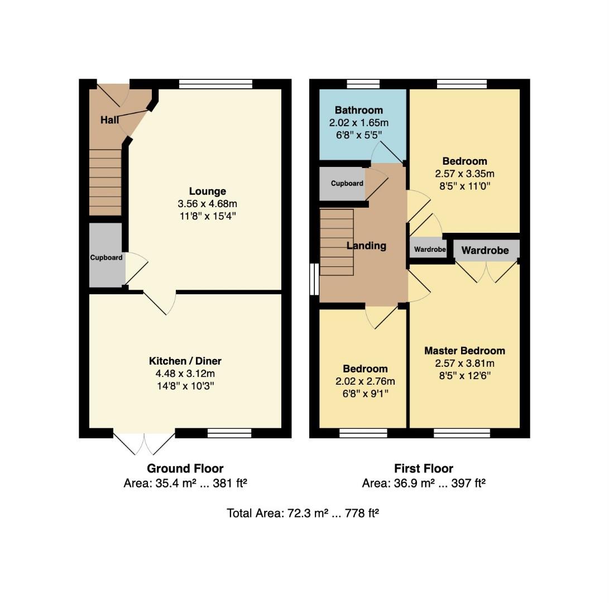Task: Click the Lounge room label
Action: [208, 191]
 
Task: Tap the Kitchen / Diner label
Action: [185, 361]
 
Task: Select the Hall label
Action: [109, 120]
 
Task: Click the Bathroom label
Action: [359, 111]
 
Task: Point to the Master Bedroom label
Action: [464, 351]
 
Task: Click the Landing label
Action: [366, 246]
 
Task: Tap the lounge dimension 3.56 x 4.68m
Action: [208, 204]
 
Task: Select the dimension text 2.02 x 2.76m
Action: [365, 381]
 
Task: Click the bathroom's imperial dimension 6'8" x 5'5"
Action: [359, 135]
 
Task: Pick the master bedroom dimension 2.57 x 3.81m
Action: [464, 363]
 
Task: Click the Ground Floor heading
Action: [185, 468]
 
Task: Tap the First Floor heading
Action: [424, 468]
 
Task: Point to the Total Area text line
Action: [303, 513]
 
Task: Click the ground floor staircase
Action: [106, 182]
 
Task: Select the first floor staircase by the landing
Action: [337, 242]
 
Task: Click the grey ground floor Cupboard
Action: [106, 255]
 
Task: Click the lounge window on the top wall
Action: [215, 84]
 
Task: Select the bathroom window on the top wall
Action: [363, 84]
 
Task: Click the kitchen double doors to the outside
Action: [144, 442]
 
